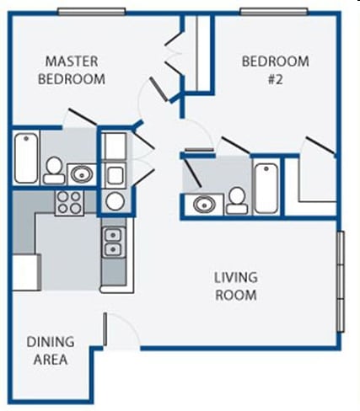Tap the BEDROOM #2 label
275,70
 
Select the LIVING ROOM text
235,286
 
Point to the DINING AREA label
50,350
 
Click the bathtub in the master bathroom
25,157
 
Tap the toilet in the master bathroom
55,170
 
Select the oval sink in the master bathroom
82,174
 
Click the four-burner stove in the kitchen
69,202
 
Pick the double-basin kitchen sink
113,243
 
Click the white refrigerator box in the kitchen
25,272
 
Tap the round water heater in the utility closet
114,201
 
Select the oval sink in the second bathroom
204,203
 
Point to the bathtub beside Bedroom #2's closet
266,187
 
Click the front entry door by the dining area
122,332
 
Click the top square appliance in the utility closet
114,147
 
